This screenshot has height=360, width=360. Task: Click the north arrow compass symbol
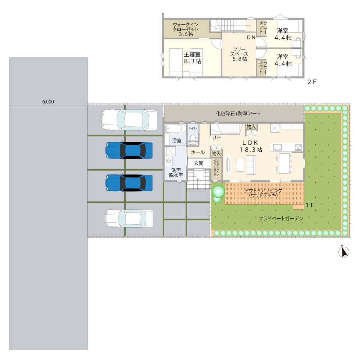tap(344, 252)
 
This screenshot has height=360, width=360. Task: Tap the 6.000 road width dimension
tap(48, 102)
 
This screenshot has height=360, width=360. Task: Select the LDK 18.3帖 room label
tap(251, 146)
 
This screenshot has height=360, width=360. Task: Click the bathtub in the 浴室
tap(175, 129)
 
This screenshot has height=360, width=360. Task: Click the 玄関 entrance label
tap(199, 163)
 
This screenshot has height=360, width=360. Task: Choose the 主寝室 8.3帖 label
tap(192, 58)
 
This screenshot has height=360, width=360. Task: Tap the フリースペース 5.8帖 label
tap(240, 54)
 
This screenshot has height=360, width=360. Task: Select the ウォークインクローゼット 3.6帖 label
tap(186, 29)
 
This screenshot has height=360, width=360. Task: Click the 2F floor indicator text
tap(312, 82)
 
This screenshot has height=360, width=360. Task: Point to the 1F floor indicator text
tap(310, 205)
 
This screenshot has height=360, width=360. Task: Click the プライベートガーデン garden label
tap(281, 218)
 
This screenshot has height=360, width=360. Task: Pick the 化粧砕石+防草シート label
tap(238, 113)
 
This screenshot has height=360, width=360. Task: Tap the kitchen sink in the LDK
tap(277, 147)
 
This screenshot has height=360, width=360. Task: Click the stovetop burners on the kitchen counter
tap(298, 147)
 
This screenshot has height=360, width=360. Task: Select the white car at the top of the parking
tap(129, 120)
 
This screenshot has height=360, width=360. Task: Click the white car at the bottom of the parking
tap(129, 218)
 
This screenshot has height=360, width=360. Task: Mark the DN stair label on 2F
tap(251, 37)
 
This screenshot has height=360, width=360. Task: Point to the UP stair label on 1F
tap(216, 138)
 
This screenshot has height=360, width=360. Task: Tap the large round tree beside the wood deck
tap(218, 191)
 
